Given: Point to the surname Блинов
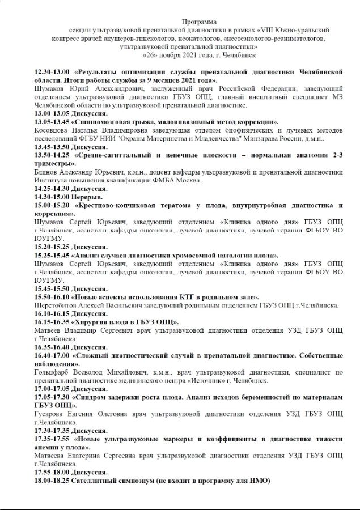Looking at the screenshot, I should tap(46, 172).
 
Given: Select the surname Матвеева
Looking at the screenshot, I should tap(53, 456).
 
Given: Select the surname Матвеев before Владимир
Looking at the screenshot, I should tap(51, 330).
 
